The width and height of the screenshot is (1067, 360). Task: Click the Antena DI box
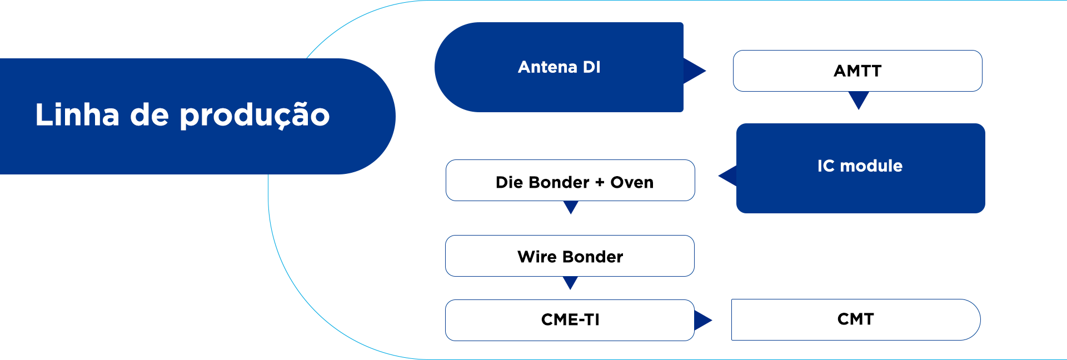[559, 67]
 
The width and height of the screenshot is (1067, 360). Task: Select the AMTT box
[857, 71]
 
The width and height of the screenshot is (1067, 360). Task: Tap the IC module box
[861, 168]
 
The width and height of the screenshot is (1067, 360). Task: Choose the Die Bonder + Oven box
[570, 181]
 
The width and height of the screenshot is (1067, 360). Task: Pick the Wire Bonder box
[570, 256]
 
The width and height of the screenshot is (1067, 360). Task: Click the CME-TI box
[570, 320]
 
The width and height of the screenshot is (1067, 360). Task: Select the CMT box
[856, 319]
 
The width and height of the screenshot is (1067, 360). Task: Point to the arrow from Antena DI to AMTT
[695, 71]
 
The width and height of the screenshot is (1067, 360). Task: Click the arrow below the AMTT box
[859, 101]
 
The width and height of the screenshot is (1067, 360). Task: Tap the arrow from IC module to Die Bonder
[727, 176]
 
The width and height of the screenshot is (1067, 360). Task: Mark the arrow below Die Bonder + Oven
[571, 207]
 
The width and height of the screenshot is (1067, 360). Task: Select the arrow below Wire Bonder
[570, 283]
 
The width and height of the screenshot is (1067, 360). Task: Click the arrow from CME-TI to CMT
[703, 320]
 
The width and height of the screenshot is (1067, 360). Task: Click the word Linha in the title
[77, 114]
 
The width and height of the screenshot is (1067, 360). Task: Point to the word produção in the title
[255, 116]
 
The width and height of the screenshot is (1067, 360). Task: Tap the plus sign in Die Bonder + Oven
[600, 182]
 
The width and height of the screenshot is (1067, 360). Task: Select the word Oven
[632, 182]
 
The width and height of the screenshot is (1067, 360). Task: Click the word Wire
[537, 257]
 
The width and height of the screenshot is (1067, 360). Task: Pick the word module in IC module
[871, 166]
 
